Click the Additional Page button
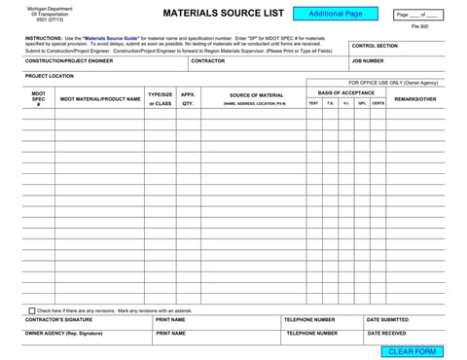[334, 15]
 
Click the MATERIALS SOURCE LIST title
[222, 15]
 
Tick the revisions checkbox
[32, 310]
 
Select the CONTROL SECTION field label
[375, 46]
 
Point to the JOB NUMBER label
[368, 61]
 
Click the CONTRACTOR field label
[208, 61]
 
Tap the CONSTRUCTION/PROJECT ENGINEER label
[69, 61]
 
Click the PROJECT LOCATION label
[49, 76]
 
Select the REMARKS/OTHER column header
[415, 98]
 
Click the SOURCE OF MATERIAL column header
[257, 95]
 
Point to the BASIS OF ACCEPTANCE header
[345, 92]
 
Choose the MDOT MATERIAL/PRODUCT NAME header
[100, 98]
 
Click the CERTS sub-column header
[377, 103]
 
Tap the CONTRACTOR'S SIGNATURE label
[59, 319]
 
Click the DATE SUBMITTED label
[387, 319]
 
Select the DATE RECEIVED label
[386, 333]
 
